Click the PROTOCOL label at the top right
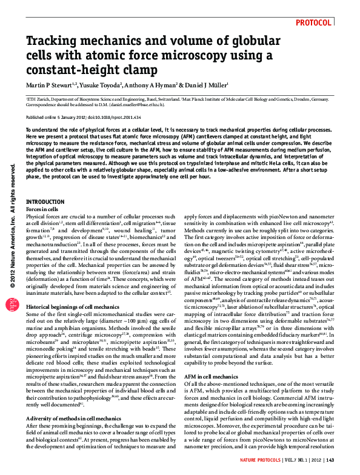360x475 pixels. (314, 22)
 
